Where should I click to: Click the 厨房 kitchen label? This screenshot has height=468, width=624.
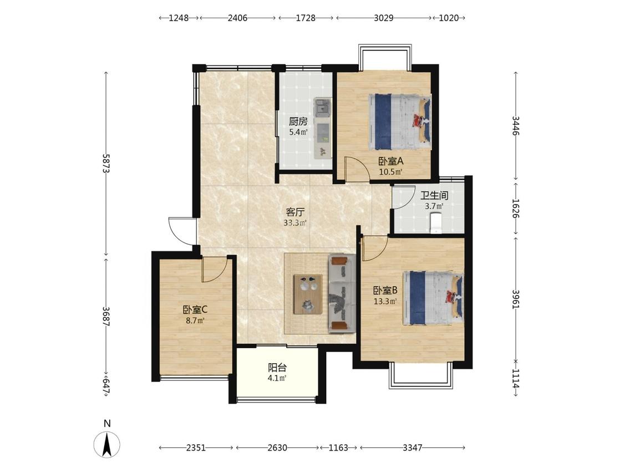[298, 121]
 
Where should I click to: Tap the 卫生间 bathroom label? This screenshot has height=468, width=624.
[434, 195]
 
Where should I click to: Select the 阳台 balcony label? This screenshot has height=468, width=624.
[277, 368]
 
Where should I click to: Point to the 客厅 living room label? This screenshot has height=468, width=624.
[295, 212]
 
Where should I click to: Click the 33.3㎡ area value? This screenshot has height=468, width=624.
[295, 223]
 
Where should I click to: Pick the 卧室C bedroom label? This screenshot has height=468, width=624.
[195, 309]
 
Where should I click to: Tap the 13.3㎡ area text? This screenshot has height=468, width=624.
[385, 301]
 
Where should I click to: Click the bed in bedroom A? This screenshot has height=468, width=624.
[400, 121]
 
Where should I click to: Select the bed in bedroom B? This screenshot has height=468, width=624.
[433, 298]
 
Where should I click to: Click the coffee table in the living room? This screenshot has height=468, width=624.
[308, 294]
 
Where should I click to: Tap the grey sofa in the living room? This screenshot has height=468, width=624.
[342, 293]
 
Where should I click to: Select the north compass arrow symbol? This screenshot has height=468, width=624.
[106, 444]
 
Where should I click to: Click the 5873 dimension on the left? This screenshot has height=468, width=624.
[106, 164]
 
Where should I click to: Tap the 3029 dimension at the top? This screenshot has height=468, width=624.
[384, 18]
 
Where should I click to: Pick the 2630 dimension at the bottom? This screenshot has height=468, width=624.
[277, 447]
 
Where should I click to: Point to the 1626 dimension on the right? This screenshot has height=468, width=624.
[515, 208]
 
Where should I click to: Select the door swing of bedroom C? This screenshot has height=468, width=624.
[214, 269]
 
